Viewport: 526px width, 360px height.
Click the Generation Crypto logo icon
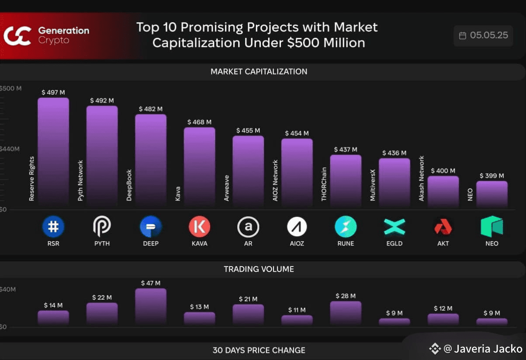pyautogui.click(x=17, y=36)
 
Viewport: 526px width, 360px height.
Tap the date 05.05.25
pyautogui.click(x=489, y=35)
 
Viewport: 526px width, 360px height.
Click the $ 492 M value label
pyautogui.click(x=102, y=100)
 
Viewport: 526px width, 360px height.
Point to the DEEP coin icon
pyautogui.click(x=151, y=227)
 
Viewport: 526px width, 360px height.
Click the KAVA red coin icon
pyautogui.click(x=199, y=227)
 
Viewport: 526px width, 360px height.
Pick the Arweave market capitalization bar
pyautogui.click(x=248, y=170)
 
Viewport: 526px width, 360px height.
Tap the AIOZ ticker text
pyautogui.click(x=297, y=243)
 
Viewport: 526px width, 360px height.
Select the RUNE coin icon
pyautogui.click(x=346, y=227)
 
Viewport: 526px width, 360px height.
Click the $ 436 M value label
pyautogui.click(x=394, y=153)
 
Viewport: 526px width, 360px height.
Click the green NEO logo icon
pyautogui.click(x=491, y=226)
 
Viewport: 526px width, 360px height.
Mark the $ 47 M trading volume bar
pyautogui.click(x=151, y=306)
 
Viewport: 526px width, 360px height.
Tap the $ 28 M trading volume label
pyautogui.click(x=346, y=296)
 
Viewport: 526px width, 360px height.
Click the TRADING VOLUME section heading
pyautogui.click(x=259, y=269)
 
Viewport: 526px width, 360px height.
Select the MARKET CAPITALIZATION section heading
pyautogui.click(x=259, y=72)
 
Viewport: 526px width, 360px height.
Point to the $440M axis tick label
pyautogui.click(x=10, y=149)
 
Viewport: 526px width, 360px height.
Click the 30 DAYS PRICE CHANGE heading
pyautogui.click(x=259, y=350)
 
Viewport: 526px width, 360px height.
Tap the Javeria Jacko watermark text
pyautogui.click(x=488, y=349)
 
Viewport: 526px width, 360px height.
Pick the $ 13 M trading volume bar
pyautogui.click(x=199, y=318)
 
